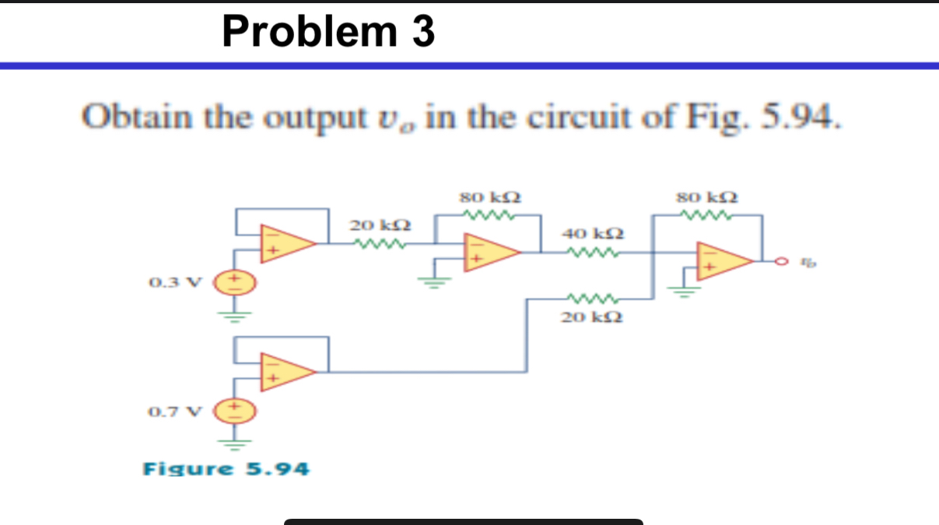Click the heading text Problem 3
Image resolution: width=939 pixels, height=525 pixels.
click(x=328, y=32)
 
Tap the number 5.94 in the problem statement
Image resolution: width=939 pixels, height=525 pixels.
click(x=801, y=118)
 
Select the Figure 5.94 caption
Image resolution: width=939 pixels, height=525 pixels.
click(x=226, y=469)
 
